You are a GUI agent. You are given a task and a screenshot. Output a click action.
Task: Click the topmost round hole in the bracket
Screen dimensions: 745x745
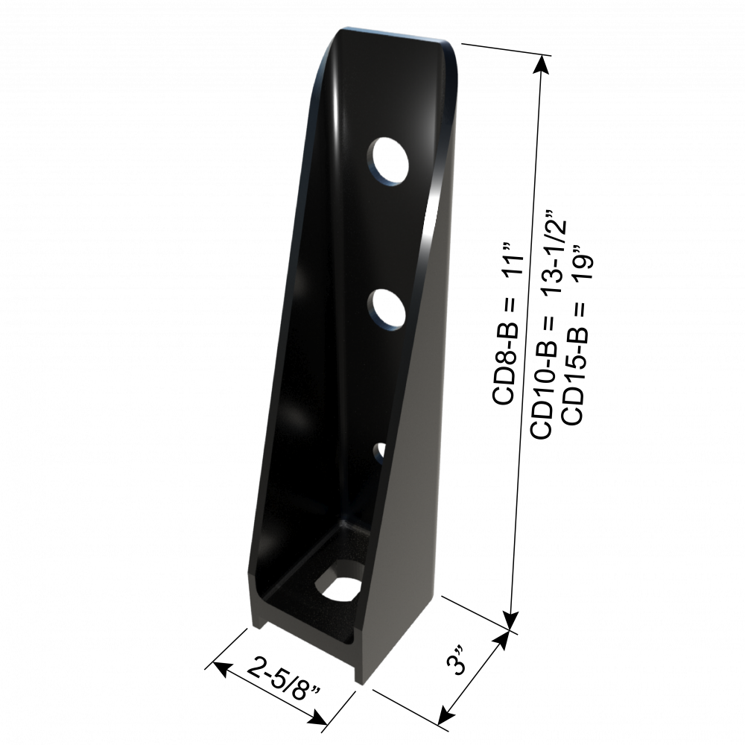tap(389, 159)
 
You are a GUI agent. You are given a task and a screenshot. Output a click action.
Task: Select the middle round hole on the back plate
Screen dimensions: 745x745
tap(387, 309)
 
